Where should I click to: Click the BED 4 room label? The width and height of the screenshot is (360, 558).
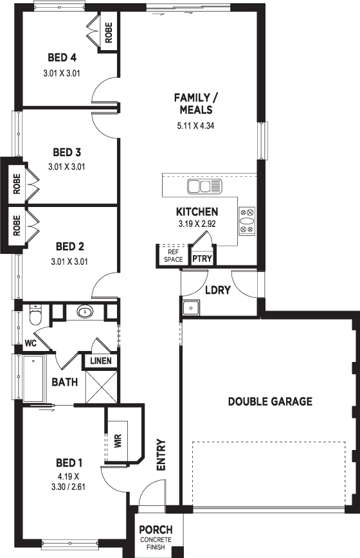(62, 57)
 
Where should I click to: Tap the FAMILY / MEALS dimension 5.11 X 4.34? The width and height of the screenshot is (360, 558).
(195, 125)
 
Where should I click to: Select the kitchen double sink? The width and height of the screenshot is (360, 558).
(204, 186)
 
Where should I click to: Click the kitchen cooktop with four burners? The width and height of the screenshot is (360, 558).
(247, 221)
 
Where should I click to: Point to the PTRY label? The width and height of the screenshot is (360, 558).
(202, 258)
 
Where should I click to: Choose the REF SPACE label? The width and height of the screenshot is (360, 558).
(173, 256)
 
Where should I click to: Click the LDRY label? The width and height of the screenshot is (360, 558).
(218, 290)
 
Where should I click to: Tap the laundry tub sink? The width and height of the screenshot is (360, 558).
(192, 307)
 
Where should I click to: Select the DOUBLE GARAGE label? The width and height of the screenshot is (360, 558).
(270, 401)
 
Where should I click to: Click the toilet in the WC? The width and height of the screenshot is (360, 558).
(35, 314)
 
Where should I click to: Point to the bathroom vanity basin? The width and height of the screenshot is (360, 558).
(85, 312)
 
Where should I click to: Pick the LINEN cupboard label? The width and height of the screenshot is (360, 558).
(101, 361)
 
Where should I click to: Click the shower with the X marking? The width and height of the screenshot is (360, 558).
(102, 386)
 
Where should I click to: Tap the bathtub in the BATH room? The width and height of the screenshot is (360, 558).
(34, 379)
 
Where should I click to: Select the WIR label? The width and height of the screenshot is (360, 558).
(118, 440)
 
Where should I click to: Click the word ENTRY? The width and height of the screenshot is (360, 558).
(161, 455)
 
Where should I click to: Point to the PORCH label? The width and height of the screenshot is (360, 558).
(156, 530)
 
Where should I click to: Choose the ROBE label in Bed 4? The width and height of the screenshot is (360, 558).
(109, 33)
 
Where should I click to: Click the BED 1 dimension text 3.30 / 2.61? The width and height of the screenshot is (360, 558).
(68, 487)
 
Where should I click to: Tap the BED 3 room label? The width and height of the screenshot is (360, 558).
(67, 152)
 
